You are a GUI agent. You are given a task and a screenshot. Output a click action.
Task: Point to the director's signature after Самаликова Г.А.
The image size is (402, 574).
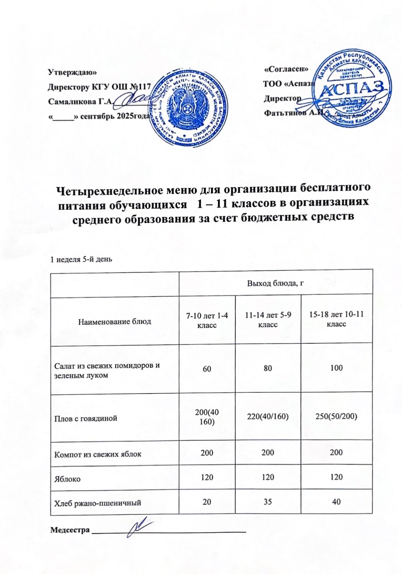pos(135,98)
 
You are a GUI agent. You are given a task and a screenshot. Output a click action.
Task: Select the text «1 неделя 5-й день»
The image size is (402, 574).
pos(81,259)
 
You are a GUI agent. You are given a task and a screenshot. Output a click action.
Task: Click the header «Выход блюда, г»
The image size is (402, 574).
pos(276,283)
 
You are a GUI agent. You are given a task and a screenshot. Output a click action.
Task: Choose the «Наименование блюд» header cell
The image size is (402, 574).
pos(115,321)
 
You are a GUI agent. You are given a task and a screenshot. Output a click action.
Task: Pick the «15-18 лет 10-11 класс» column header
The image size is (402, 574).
pos(336,319)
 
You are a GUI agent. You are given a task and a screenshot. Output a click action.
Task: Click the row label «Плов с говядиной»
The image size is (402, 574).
pos(85,418)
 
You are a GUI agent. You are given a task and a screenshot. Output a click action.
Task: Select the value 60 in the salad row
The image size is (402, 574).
pos(207,368)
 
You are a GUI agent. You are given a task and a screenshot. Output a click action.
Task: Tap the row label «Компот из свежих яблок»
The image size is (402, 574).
pos(98,454)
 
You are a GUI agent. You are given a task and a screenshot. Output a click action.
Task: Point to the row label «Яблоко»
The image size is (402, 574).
pos(67,479)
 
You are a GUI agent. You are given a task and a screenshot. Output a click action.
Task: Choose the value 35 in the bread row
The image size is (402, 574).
pos(268,502)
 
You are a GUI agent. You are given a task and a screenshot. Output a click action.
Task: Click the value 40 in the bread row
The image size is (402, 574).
pos(336,502)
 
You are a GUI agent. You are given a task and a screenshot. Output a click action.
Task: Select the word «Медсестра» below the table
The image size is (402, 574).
pos(70,530)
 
